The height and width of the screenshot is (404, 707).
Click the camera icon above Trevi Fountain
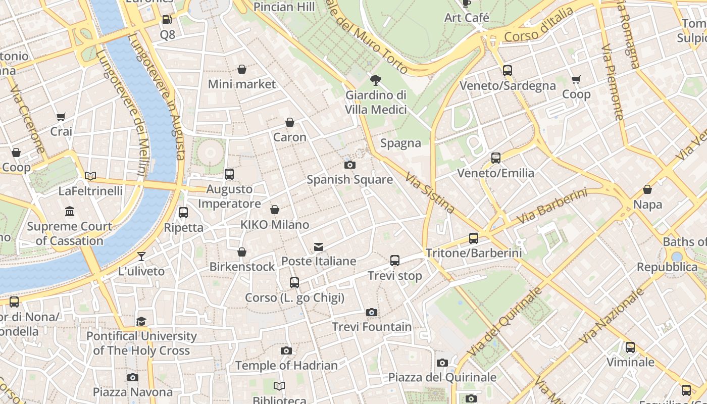pyautogui.click(x=372, y=312)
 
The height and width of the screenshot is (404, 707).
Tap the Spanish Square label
pyautogui.click(x=349, y=180)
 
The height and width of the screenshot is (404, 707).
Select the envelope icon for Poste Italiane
pyautogui.click(x=319, y=246)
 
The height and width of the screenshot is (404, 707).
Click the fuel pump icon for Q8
pyautogui.click(x=167, y=20)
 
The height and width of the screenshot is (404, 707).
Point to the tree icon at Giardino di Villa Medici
pyautogui.click(x=375, y=80)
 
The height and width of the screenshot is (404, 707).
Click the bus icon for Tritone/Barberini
pyautogui.click(x=473, y=238)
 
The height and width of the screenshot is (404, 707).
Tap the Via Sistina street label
pyautogui.click(x=430, y=192)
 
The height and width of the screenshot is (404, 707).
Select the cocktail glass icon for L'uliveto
pyautogui.click(x=141, y=256)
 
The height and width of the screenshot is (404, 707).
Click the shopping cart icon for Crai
pyautogui.click(x=61, y=117)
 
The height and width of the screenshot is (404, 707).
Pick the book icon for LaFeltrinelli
pyautogui.click(x=90, y=176)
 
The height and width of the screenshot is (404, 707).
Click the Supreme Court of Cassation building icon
pyautogui.click(x=70, y=211)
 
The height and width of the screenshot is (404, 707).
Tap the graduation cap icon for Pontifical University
pyautogui.click(x=141, y=321)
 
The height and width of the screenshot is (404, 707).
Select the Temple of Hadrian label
pyautogui.click(x=286, y=365)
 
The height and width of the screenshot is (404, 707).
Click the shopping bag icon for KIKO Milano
pyautogui.click(x=275, y=210)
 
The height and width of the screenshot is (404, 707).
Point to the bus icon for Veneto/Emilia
pyautogui.click(x=495, y=158)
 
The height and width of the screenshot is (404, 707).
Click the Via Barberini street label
pyautogui.click(x=552, y=207)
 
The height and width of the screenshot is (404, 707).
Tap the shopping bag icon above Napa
pyautogui.click(x=647, y=189)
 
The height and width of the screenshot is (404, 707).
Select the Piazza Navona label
pyautogui.click(x=133, y=392)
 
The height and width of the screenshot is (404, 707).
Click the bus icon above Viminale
pyautogui.click(x=630, y=347)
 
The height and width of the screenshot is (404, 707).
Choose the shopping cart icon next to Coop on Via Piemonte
pyautogui.click(x=576, y=79)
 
